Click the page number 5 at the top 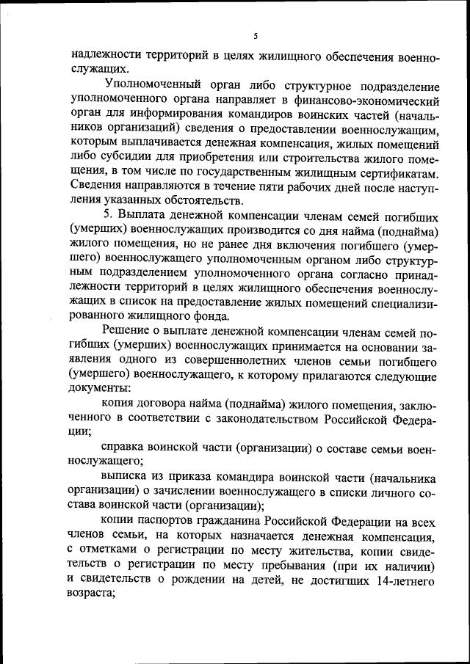256,35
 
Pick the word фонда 209,316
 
